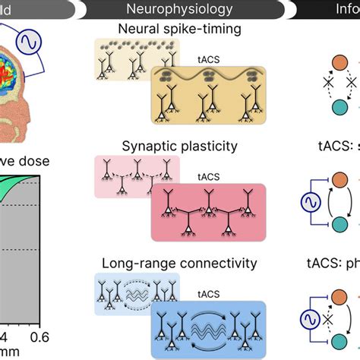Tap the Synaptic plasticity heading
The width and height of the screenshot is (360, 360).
pos(179,145)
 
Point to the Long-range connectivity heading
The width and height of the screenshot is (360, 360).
pos(179,264)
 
